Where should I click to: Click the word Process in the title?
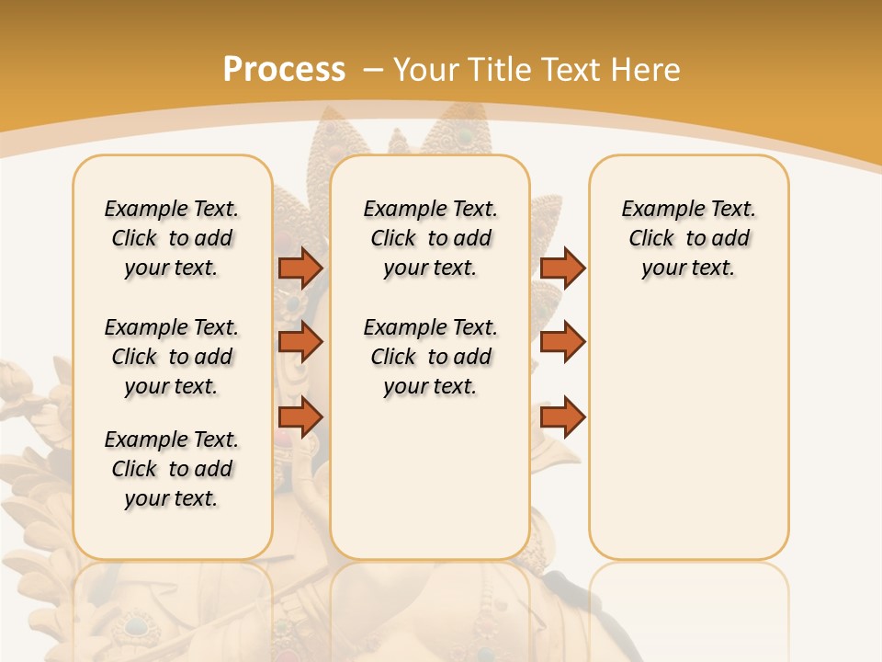(284, 69)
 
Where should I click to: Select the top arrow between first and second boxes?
(300, 268)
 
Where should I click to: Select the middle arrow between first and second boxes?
(300, 342)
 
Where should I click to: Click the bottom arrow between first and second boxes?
(300, 417)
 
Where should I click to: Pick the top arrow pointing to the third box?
(562, 268)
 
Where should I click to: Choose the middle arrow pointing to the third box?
(562, 342)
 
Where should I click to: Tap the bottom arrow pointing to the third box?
(562, 417)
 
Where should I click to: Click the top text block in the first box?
(172, 238)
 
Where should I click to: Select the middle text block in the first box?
(172, 357)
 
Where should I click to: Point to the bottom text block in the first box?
(172, 469)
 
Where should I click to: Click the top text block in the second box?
(430, 238)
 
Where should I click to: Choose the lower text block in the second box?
(430, 357)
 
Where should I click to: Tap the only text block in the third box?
(688, 238)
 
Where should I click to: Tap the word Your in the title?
(425, 69)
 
